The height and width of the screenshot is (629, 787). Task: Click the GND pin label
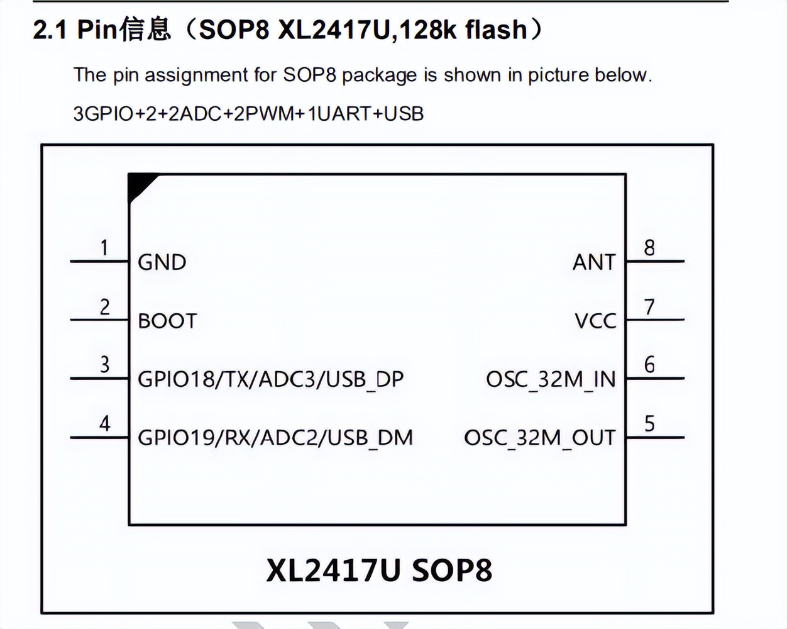[162, 262]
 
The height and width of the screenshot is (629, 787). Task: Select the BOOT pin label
[167, 321]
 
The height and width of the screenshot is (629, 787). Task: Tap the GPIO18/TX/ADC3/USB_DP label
[270, 379]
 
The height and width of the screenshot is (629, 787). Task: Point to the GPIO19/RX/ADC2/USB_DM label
[275, 437]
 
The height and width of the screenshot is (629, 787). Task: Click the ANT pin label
[594, 262]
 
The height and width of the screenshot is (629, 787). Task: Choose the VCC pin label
[595, 321]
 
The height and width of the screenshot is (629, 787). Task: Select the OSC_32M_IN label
[551, 379]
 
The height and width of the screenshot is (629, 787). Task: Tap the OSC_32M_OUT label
[539, 437]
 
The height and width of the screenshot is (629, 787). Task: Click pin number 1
[104, 248]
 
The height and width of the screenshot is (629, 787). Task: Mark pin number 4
[104, 423]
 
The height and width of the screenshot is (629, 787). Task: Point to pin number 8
[649, 248]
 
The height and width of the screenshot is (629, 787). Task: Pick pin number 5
[649, 423]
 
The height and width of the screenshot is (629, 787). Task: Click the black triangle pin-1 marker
[138, 185]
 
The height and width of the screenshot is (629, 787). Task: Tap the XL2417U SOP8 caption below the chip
[379, 571]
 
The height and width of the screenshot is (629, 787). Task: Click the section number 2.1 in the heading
[50, 30]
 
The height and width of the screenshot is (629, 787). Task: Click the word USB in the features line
[404, 114]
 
